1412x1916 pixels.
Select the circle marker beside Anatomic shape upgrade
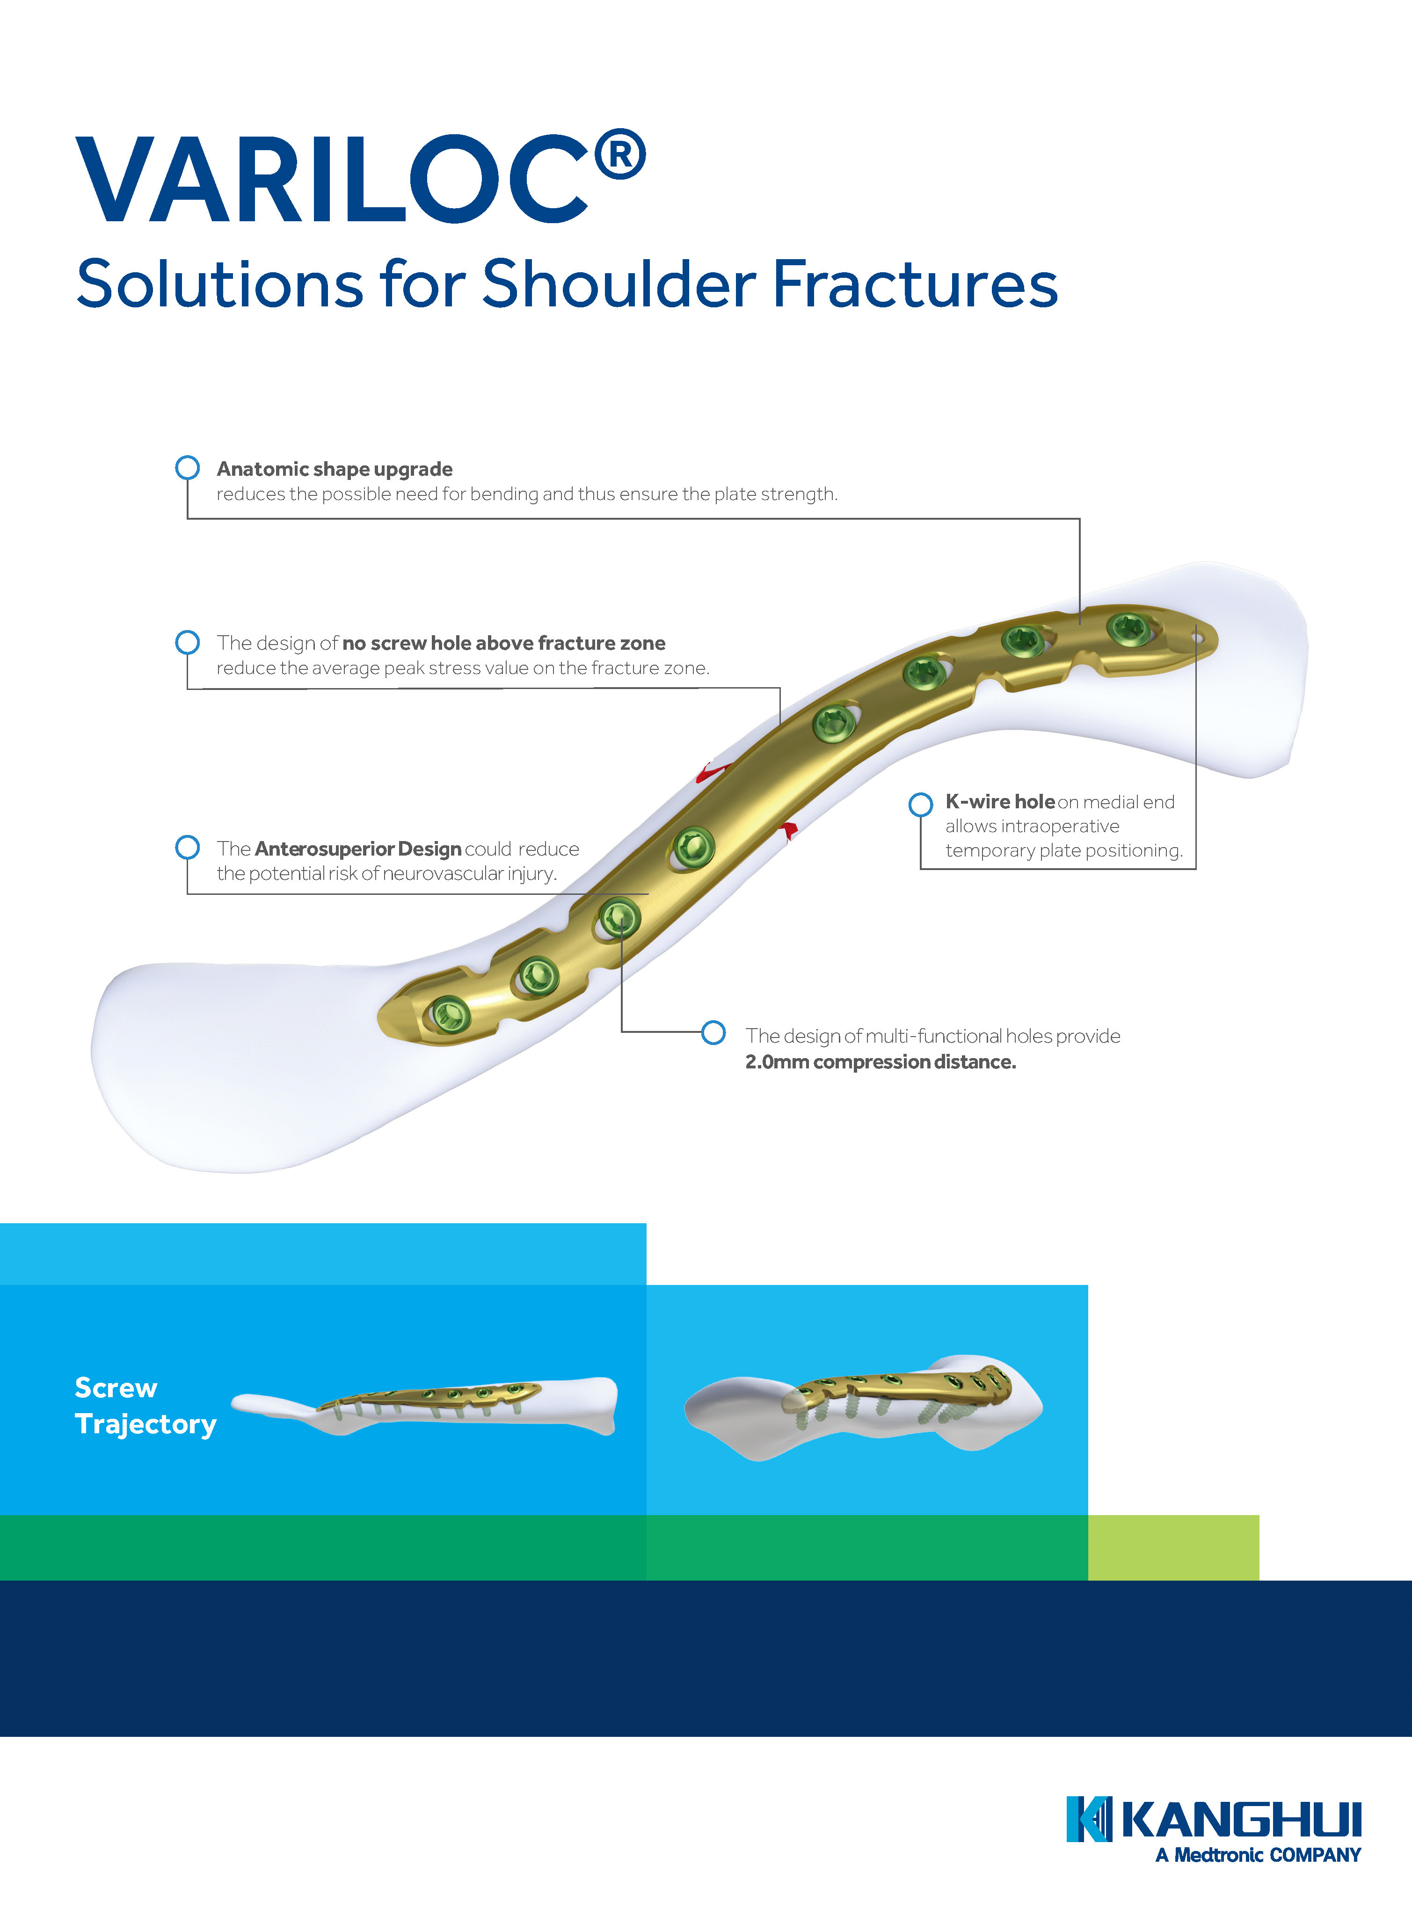click(187, 467)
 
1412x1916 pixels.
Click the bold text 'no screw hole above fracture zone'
click(503, 643)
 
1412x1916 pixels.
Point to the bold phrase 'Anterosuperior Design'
click(358, 849)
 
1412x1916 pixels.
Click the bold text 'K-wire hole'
click(999, 802)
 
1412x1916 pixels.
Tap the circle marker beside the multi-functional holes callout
click(713, 1032)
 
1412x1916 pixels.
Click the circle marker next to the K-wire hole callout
click(920, 804)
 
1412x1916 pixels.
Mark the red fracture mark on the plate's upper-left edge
click(709, 773)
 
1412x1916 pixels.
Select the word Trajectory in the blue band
click(146, 1424)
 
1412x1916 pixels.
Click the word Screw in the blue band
click(116, 1387)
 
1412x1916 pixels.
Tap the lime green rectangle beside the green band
click(1172, 1547)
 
